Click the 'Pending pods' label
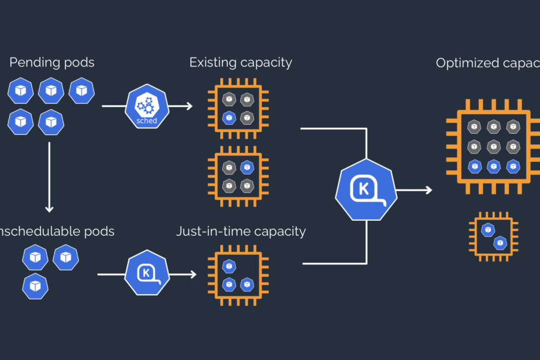click(52, 62)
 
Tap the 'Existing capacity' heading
click(241, 62)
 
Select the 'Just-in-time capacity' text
click(241, 231)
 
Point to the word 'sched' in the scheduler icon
click(146, 121)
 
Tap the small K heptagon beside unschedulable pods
click(146, 274)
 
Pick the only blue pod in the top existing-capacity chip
click(229, 118)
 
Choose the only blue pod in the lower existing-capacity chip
click(247, 167)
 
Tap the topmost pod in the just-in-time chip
click(229, 265)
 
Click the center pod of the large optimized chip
click(493, 146)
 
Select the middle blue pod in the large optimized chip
click(493, 166)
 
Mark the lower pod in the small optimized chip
click(499, 242)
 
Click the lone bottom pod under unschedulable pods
click(35, 286)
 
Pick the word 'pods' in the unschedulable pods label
click(98, 231)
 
